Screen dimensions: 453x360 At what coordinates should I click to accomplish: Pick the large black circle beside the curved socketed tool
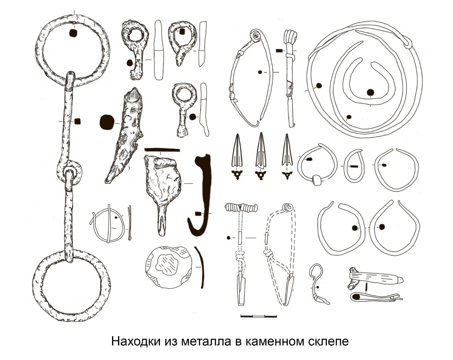(x=107, y=122)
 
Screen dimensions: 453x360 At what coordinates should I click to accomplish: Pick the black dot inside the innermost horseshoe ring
(x=370, y=92)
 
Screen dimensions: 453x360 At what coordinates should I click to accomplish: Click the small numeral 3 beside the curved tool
(x=129, y=168)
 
